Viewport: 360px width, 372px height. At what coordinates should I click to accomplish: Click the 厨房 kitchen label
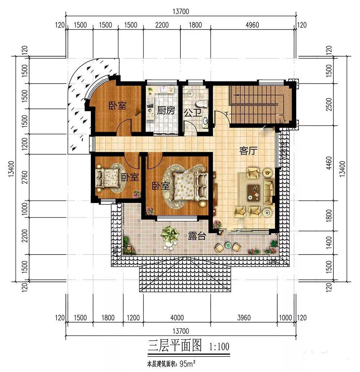(x=166, y=111)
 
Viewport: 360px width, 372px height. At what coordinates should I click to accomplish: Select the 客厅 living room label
(x=248, y=151)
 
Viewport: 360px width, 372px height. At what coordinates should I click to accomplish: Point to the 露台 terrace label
(x=197, y=236)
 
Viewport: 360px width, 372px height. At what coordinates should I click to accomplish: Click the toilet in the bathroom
(x=202, y=103)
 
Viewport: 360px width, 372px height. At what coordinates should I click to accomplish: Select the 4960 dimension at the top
(x=252, y=25)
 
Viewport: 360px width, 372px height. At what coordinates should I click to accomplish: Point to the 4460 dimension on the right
(x=329, y=163)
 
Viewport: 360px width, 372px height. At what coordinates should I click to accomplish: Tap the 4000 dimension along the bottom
(x=177, y=318)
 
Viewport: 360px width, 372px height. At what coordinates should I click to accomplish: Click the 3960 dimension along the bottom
(x=244, y=318)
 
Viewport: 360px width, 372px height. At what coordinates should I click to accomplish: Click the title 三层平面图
(x=175, y=345)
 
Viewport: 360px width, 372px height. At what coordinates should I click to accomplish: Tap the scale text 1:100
(x=219, y=347)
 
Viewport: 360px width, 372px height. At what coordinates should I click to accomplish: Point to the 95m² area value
(x=188, y=364)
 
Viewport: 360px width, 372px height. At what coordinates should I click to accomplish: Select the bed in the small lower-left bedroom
(x=107, y=178)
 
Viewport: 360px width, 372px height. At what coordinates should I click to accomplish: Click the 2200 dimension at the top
(x=162, y=25)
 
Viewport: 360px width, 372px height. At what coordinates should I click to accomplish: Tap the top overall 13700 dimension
(x=181, y=12)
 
